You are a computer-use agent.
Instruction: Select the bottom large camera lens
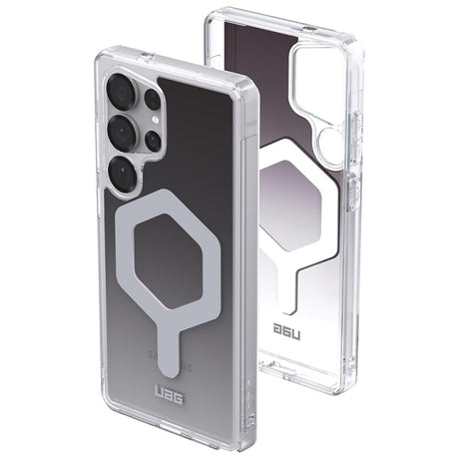tap(123, 173)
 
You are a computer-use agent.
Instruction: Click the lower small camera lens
tap(153, 140)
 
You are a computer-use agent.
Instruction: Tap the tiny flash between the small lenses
tap(155, 121)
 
